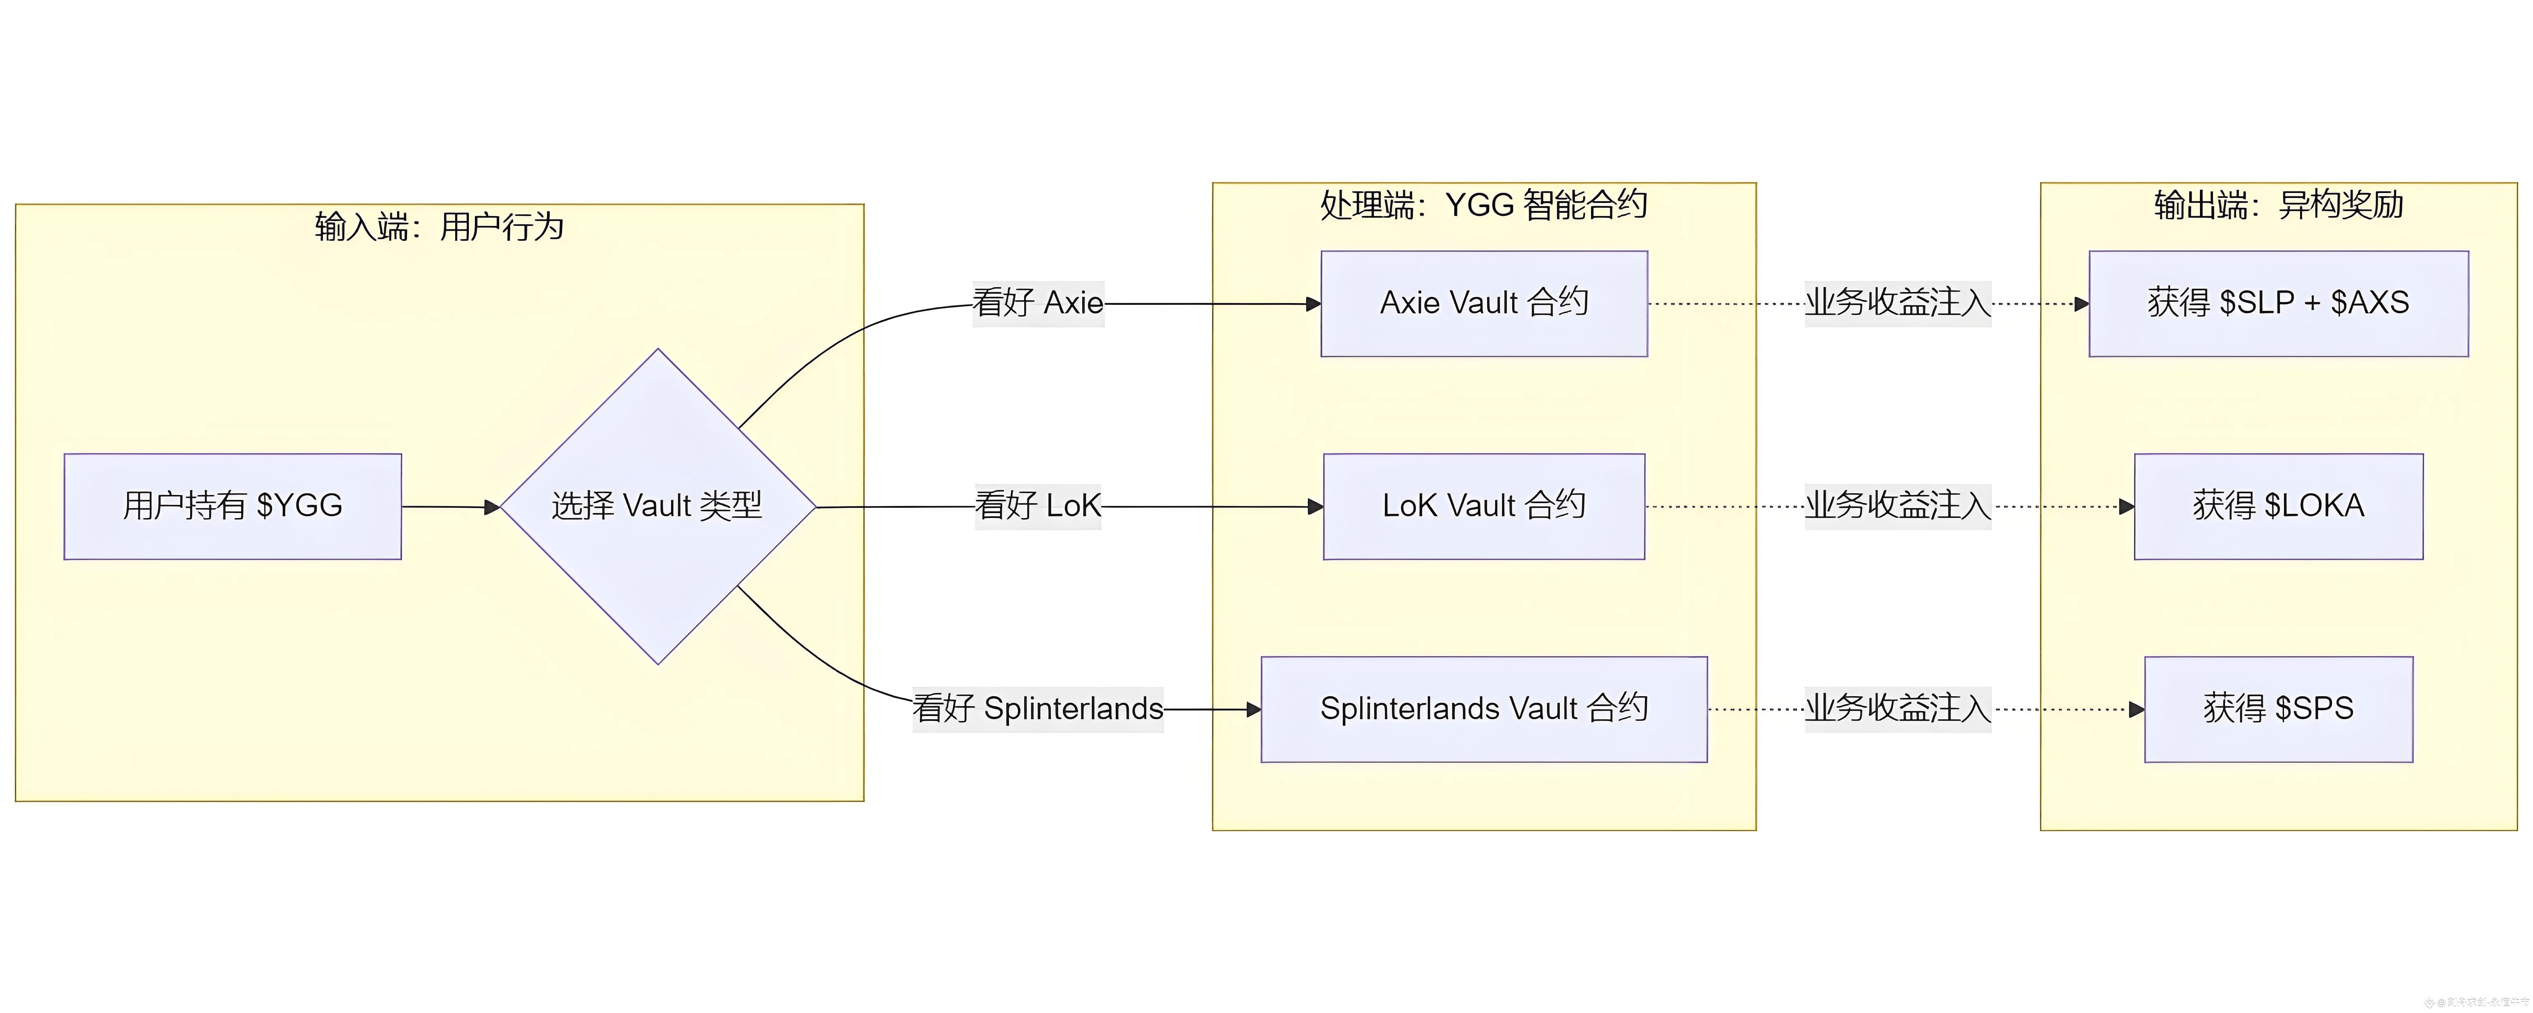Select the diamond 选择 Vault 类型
pyautogui.click(x=658, y=506)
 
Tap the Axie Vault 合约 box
pyautogui.click(x=1484, y=303)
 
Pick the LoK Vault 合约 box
pyautogui.click(x=1484, y=506)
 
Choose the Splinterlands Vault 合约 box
pyautogui.click(x=1484, y=709)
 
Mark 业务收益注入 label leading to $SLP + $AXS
pyautogui.click(x=1897, y=303)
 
